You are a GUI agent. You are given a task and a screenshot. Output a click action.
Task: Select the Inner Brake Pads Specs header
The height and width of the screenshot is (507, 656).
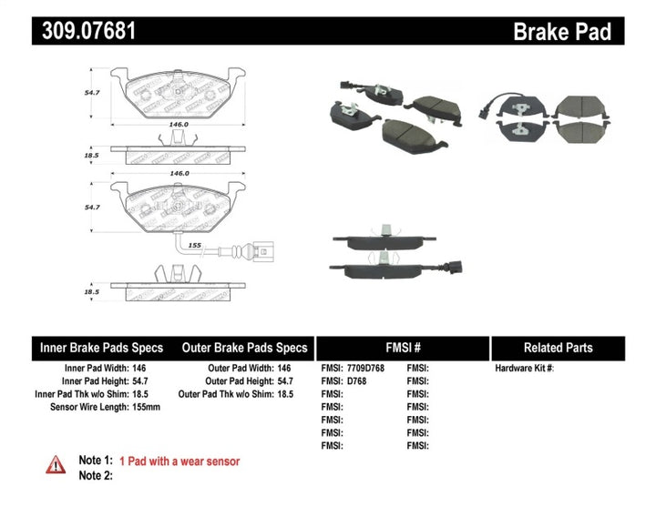pos(101,348)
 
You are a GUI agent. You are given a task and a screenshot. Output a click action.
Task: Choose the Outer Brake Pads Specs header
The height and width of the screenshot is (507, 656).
pos(244,348)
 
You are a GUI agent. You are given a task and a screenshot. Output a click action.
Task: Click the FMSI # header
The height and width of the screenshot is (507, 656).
pos(402,348)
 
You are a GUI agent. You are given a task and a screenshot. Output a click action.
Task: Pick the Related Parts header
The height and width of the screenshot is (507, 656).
pos(559,348)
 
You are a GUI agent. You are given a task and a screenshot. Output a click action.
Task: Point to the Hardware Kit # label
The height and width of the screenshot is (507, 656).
pos(524,369)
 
